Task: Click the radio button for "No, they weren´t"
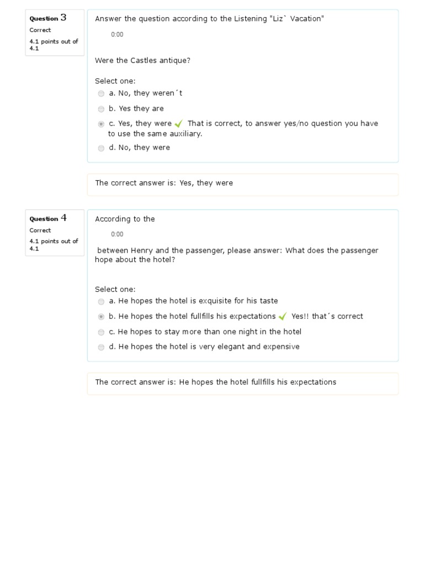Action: pos(101,94)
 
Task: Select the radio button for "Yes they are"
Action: pos(101,109)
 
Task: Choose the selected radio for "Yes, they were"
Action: pos(101,124)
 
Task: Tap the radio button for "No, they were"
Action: pos(101,148)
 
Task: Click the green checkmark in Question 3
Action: pos(178,124)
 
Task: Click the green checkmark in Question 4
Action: pos(283,317)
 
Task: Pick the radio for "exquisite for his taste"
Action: pos(101,302)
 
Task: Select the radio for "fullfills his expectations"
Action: pos(101,317)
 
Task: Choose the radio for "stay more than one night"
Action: pos(101,332)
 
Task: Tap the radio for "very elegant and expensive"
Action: pos(101,347)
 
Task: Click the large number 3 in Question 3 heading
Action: pos(63,18)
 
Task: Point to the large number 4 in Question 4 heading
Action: pos(63,218)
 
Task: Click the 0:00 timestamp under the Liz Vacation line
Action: pos(117,34)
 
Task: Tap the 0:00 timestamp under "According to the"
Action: pos(117,234)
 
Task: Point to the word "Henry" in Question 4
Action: pos(142,250)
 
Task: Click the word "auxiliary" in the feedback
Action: pos(186,134)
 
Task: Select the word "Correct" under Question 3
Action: pos(40,30)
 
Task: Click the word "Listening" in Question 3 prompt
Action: pos(250,19)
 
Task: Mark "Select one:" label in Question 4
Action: pos(115,289)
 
